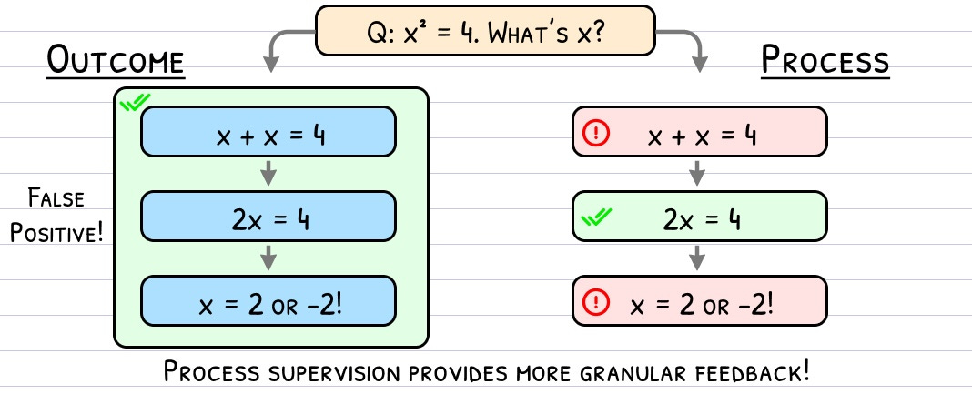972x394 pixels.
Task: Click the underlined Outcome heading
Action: click(116, 64)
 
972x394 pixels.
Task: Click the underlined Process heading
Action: click(825, 63)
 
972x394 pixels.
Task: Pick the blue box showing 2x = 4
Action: click(269, 217)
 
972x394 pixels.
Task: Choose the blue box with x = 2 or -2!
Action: click(269, 301)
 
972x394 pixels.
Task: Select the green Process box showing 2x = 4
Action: click(699, 217)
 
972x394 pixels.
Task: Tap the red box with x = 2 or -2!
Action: click(699, 301)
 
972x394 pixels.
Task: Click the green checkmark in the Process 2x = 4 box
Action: click(597, 217)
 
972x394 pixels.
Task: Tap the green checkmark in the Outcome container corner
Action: click(135, 104)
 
